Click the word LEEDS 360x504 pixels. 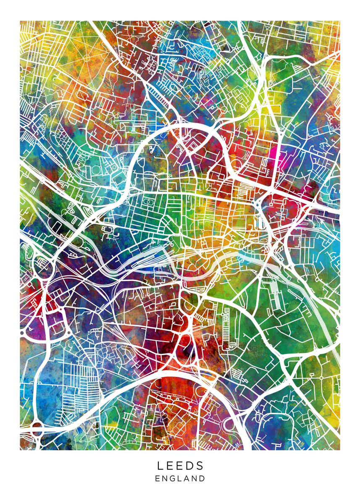coord(180,465)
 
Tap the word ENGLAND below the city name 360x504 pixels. coord(180,478)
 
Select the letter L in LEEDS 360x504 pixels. coord(160,465)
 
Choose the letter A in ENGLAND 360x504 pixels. coord(188,478)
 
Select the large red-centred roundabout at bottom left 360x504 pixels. coord(37,429)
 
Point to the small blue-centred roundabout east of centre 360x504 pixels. coord(256,205)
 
